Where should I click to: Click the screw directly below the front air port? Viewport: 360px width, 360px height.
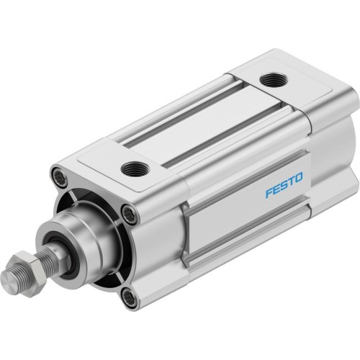click(x=129, y=212)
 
